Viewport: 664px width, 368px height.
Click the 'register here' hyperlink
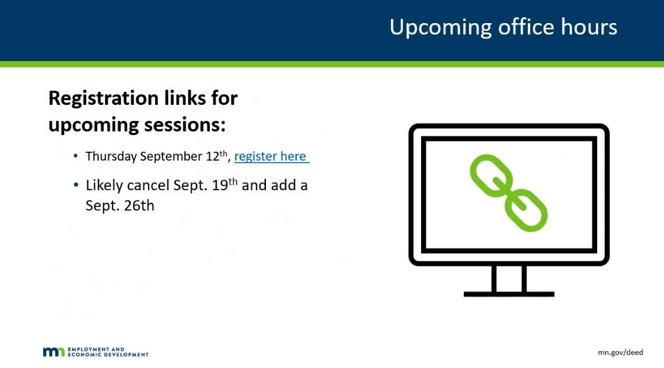point(271,156)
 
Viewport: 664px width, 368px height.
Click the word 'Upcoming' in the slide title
point(441,28)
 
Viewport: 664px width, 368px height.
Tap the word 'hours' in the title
point(589,27)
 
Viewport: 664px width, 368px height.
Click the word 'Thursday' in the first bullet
point(111,156)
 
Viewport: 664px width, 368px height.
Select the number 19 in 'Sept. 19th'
point(220,185)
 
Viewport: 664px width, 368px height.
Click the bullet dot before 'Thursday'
point(75,156)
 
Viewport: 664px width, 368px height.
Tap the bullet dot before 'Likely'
point(76,185)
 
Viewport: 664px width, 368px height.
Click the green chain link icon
point(509,193)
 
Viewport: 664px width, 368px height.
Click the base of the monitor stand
point(509,294)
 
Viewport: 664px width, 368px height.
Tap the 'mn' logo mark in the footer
point(54,352)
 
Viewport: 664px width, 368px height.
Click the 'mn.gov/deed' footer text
point(620,353)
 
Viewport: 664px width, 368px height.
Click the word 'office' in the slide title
point(526,27)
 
